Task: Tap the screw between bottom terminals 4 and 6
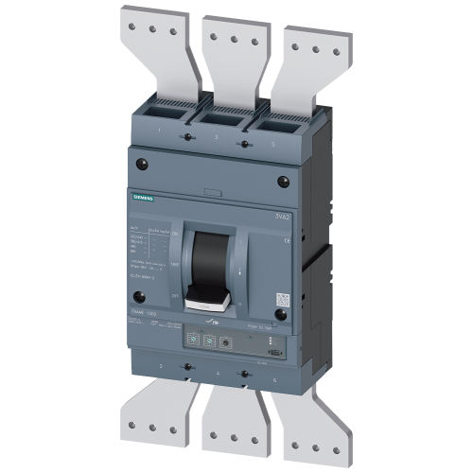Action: [x=246, y=374]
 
